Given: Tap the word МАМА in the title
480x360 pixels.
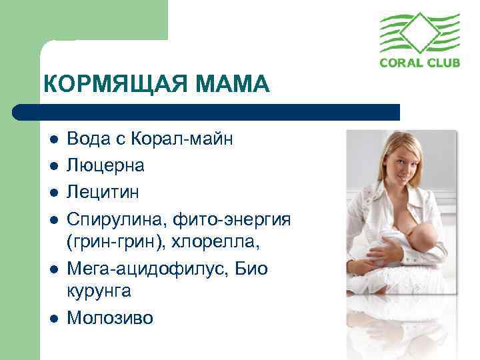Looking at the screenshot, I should point(234,85).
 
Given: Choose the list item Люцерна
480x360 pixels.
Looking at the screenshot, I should point(106,165).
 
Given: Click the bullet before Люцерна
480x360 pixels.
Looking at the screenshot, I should point(53,166).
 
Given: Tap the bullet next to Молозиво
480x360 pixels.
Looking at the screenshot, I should point(53,319).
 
